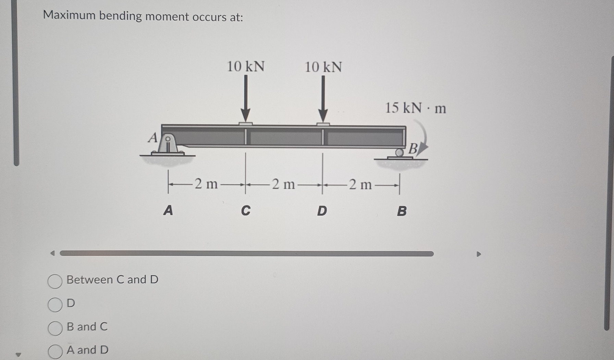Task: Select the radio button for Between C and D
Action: point(55,281)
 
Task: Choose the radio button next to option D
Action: point(55,305)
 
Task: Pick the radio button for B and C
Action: point(55,328)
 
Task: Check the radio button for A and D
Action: point(55,351)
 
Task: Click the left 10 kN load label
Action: point(246,66)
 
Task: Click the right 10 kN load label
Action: point(323,67)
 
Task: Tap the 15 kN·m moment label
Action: point(415,108)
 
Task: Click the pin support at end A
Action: point(168,145)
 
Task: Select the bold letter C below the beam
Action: point(246,210)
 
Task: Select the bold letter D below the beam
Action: point(322,211)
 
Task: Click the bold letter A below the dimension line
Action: point(168,210)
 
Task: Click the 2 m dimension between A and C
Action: point(206,184)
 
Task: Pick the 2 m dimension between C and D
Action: point(283,184)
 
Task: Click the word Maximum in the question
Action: point(69,15)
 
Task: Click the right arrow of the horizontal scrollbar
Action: point(479,254)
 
